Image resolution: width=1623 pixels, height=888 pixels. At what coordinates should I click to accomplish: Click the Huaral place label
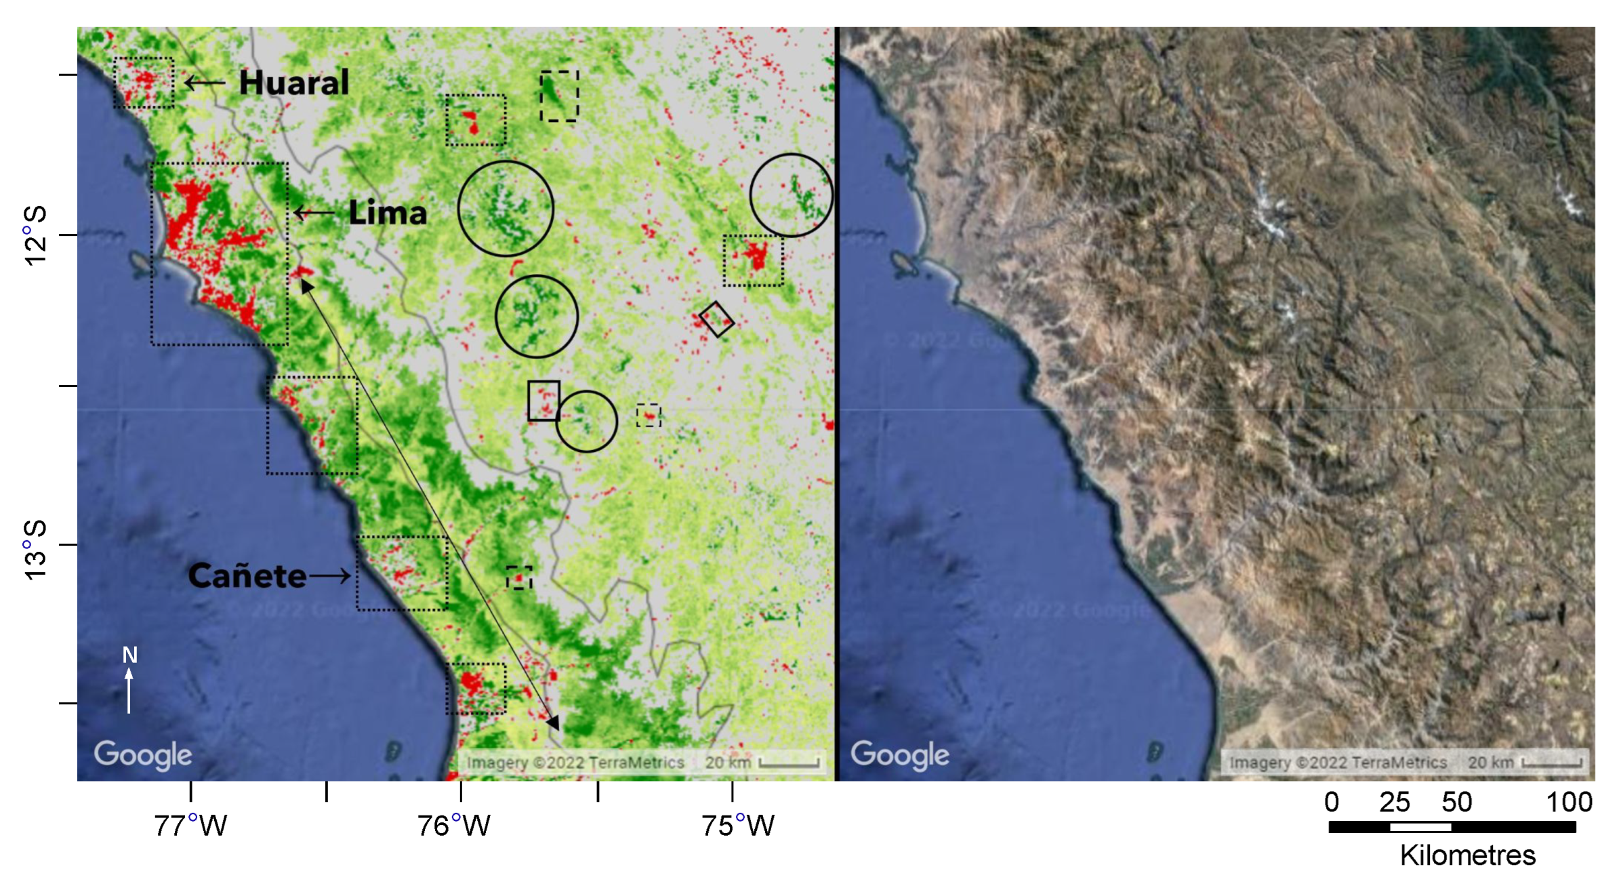click(294, 83)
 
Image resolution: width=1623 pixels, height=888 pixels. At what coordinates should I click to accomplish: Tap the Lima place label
click(388, 213)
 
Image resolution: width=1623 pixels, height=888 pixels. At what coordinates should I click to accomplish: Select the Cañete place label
click(247, 576)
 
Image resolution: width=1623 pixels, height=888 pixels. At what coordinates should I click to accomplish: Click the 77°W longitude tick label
click(190, 826)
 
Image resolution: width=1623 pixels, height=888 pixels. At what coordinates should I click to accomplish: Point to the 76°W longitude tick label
click(453, 826)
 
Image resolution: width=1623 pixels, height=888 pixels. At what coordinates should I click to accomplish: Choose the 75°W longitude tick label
click(737, 826)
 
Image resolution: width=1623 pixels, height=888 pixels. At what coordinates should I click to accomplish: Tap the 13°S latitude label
click(35, 549)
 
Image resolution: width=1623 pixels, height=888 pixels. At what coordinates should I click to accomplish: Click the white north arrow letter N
click(129, 655)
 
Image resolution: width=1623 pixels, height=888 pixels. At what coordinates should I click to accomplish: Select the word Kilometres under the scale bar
click(1467, 855)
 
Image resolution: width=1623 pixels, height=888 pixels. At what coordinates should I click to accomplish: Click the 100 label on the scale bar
click(1569, 803)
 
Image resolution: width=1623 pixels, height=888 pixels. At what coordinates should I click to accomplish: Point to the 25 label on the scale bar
click(1394, 803)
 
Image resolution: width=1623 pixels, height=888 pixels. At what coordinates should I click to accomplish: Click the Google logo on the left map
click(143, 754)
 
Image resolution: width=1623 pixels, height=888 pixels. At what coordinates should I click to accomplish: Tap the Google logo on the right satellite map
click(900, 754)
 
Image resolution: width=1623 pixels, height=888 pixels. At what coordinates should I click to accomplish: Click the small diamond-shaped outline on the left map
click(716, 319)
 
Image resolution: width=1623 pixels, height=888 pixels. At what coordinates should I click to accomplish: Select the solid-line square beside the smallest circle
click(543, 401)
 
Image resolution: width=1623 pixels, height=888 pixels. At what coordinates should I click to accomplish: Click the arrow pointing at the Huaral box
click(205, 83)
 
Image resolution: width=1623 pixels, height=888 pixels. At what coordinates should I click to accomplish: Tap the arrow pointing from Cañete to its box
click(330, 576)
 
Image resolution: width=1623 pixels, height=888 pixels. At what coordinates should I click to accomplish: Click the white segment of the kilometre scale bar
click(1420, 827)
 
